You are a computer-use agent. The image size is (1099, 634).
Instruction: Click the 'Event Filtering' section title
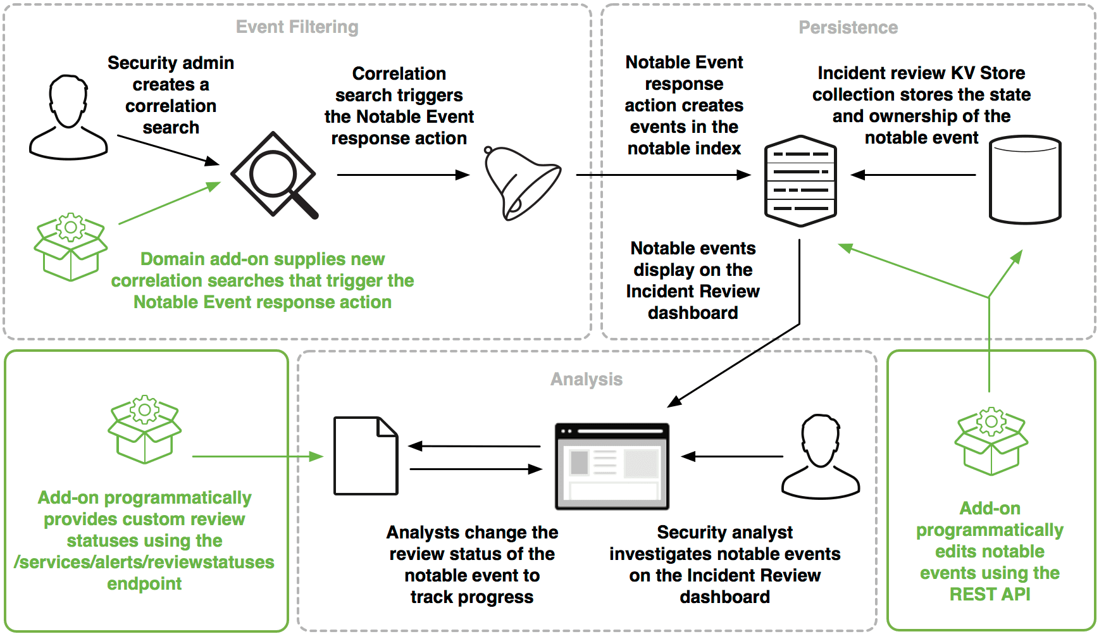(297, 27)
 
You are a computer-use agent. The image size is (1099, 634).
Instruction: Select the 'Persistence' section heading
(848, 28)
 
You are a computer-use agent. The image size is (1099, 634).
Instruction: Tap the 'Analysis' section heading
(587, 379)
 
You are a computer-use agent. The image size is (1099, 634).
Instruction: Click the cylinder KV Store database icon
(1024, 180)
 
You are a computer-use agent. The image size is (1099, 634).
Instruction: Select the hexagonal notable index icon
(800, 181)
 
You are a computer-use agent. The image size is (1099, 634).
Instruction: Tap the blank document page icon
(366, 456)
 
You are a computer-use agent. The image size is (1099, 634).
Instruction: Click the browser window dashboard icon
(612, 466)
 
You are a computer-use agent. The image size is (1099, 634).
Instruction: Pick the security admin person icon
(68, 118)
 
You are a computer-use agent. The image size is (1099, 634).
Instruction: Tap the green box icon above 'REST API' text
(991, 442)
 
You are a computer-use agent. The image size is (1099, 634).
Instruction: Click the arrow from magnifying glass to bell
(402, 175)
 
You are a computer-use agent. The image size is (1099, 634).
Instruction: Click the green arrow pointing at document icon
(257, 456)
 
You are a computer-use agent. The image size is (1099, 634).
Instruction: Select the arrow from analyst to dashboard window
(732, 456)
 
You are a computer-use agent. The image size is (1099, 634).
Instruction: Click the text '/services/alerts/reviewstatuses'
(144, 562)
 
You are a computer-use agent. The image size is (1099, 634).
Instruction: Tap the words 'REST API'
(990, 594)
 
